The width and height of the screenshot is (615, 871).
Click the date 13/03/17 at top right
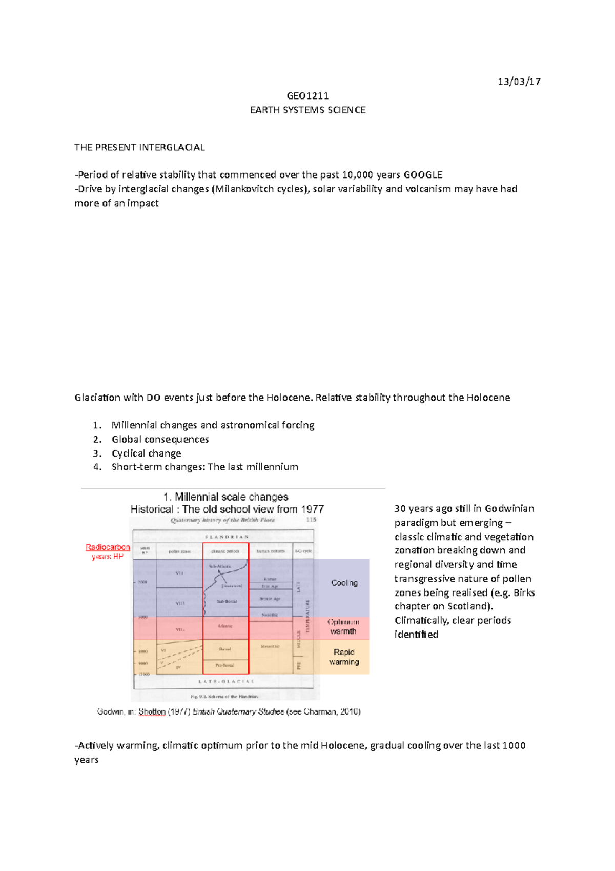[519, 82]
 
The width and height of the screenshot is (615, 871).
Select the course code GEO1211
[307, 96]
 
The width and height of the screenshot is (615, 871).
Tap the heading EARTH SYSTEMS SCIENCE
[307, 110]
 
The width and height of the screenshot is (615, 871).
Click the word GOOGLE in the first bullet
[423, 175]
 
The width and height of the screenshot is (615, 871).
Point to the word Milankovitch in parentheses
[244, 189]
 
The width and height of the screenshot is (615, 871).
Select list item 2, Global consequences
[160, 440]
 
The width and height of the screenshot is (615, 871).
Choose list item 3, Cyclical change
[146, 453]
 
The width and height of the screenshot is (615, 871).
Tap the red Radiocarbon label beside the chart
[108, 547]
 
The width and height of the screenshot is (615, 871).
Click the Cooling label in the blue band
[344, 583]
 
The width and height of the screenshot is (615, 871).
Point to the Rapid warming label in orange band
[344, 657]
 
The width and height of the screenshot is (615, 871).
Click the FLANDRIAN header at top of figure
[227, 537]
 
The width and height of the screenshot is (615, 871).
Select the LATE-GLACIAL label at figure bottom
[226, 682]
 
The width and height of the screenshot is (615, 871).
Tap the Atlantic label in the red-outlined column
[225, 626]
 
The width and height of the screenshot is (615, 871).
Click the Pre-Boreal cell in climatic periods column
[225, 665]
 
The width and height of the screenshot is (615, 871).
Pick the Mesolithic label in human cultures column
[270, 647]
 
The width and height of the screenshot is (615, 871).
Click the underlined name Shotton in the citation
[152, 712]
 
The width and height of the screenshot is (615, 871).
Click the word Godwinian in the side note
[509, 509]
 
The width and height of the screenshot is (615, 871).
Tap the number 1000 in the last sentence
[514, 746]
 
